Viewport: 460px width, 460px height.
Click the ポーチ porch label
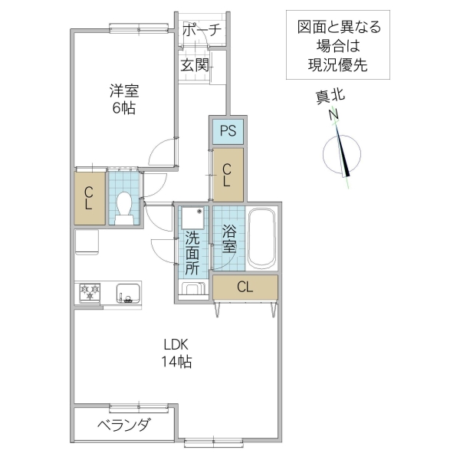(202, 31)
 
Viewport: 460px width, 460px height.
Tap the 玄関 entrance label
(195, 66)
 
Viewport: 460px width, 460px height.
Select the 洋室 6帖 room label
(123, 99)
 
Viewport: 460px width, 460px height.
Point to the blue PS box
(228, 130)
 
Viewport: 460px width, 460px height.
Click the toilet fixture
(124, 206)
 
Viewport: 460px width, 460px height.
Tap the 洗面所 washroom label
(192, 252)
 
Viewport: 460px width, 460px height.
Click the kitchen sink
(127, 292)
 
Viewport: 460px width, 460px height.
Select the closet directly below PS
(228, 174)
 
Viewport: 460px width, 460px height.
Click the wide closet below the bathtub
(245, 287)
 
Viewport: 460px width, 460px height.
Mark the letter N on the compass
(334, 116)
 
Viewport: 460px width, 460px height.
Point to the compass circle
(339, 153)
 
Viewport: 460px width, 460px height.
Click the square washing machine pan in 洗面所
(192, 218)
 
